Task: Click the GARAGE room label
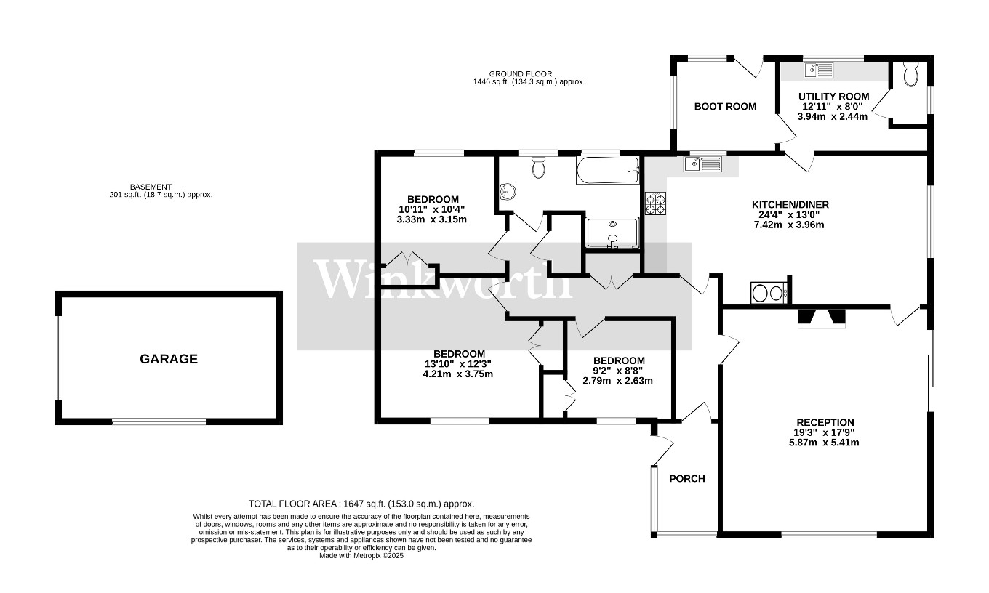tap(169, 359)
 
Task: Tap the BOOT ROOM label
tap(725, 106)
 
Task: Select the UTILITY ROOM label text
tap(833, 96)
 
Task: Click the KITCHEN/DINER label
tap(790, 205)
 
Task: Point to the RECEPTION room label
tap(825, 422)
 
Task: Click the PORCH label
tap(687, 478)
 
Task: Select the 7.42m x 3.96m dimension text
tap(790, 225)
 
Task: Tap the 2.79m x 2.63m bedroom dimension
tap(618, 380)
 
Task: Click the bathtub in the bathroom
tap(607, 171)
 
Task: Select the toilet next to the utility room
tap(910, 73)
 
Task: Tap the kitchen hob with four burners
tap(655, 203)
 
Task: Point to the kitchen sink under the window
tap(702, 164)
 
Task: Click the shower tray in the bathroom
tap(612, 233)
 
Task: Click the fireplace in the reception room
tap(822, 318)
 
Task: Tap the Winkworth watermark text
tap(444, 278)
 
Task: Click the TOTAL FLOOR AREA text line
tap(361, 504)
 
